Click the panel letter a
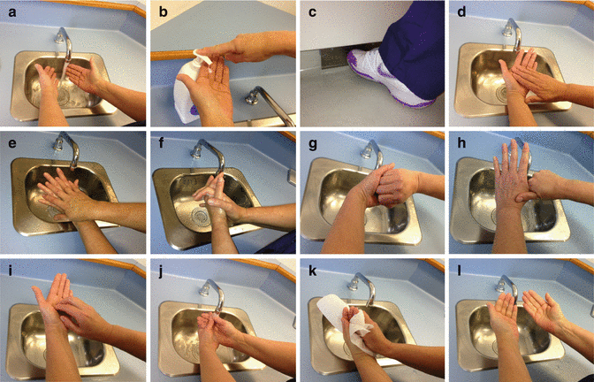pos(12,12)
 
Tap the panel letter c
pos(312,12)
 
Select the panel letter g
pos(312,144)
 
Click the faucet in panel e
pos(67,151)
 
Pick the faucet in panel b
pos(269,104)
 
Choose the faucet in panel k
pos(363,289)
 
